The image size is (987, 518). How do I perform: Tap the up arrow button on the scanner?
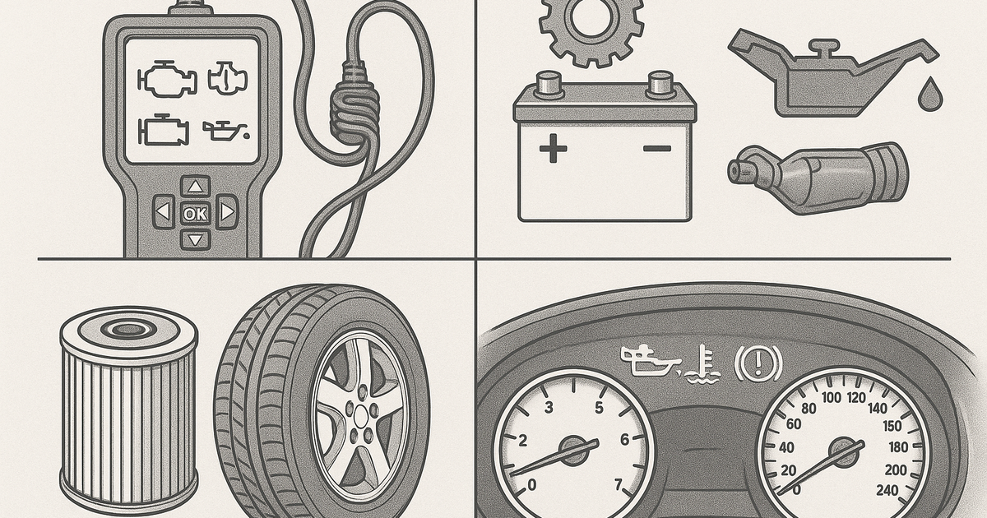[x=195, y=187]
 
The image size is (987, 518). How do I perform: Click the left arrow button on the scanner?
[x=164, y=212]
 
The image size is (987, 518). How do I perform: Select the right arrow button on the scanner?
[x=227, y=212]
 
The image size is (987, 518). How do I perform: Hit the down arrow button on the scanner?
[x=195, y=240]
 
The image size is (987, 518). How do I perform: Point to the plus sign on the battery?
[x=553, y=149]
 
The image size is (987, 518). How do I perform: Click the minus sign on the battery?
[x=657, y=149]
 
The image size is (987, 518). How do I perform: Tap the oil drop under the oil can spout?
[x=929, y=94]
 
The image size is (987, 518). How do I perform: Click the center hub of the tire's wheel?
[x=361, y=414]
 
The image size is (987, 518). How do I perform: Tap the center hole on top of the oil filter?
[x=128, y=329]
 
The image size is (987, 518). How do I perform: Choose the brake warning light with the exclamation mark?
[x=758, y=363]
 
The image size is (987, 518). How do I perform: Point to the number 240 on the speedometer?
[x=887, y=490]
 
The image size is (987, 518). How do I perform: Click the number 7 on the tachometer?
[x=619, y=484]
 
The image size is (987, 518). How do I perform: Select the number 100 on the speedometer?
[x=832, y=398]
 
